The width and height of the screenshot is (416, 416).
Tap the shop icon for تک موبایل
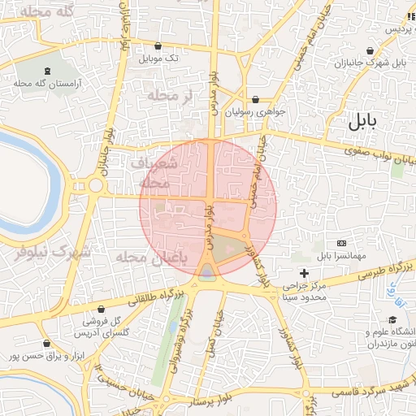pos(157,46)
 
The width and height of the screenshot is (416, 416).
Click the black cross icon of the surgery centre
pos(305,273)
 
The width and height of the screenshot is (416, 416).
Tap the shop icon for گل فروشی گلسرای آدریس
pos(101,309)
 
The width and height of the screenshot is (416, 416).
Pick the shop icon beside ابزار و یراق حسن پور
pos(46,344)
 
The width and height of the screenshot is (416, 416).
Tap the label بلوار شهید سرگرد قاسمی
pos(375,393)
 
